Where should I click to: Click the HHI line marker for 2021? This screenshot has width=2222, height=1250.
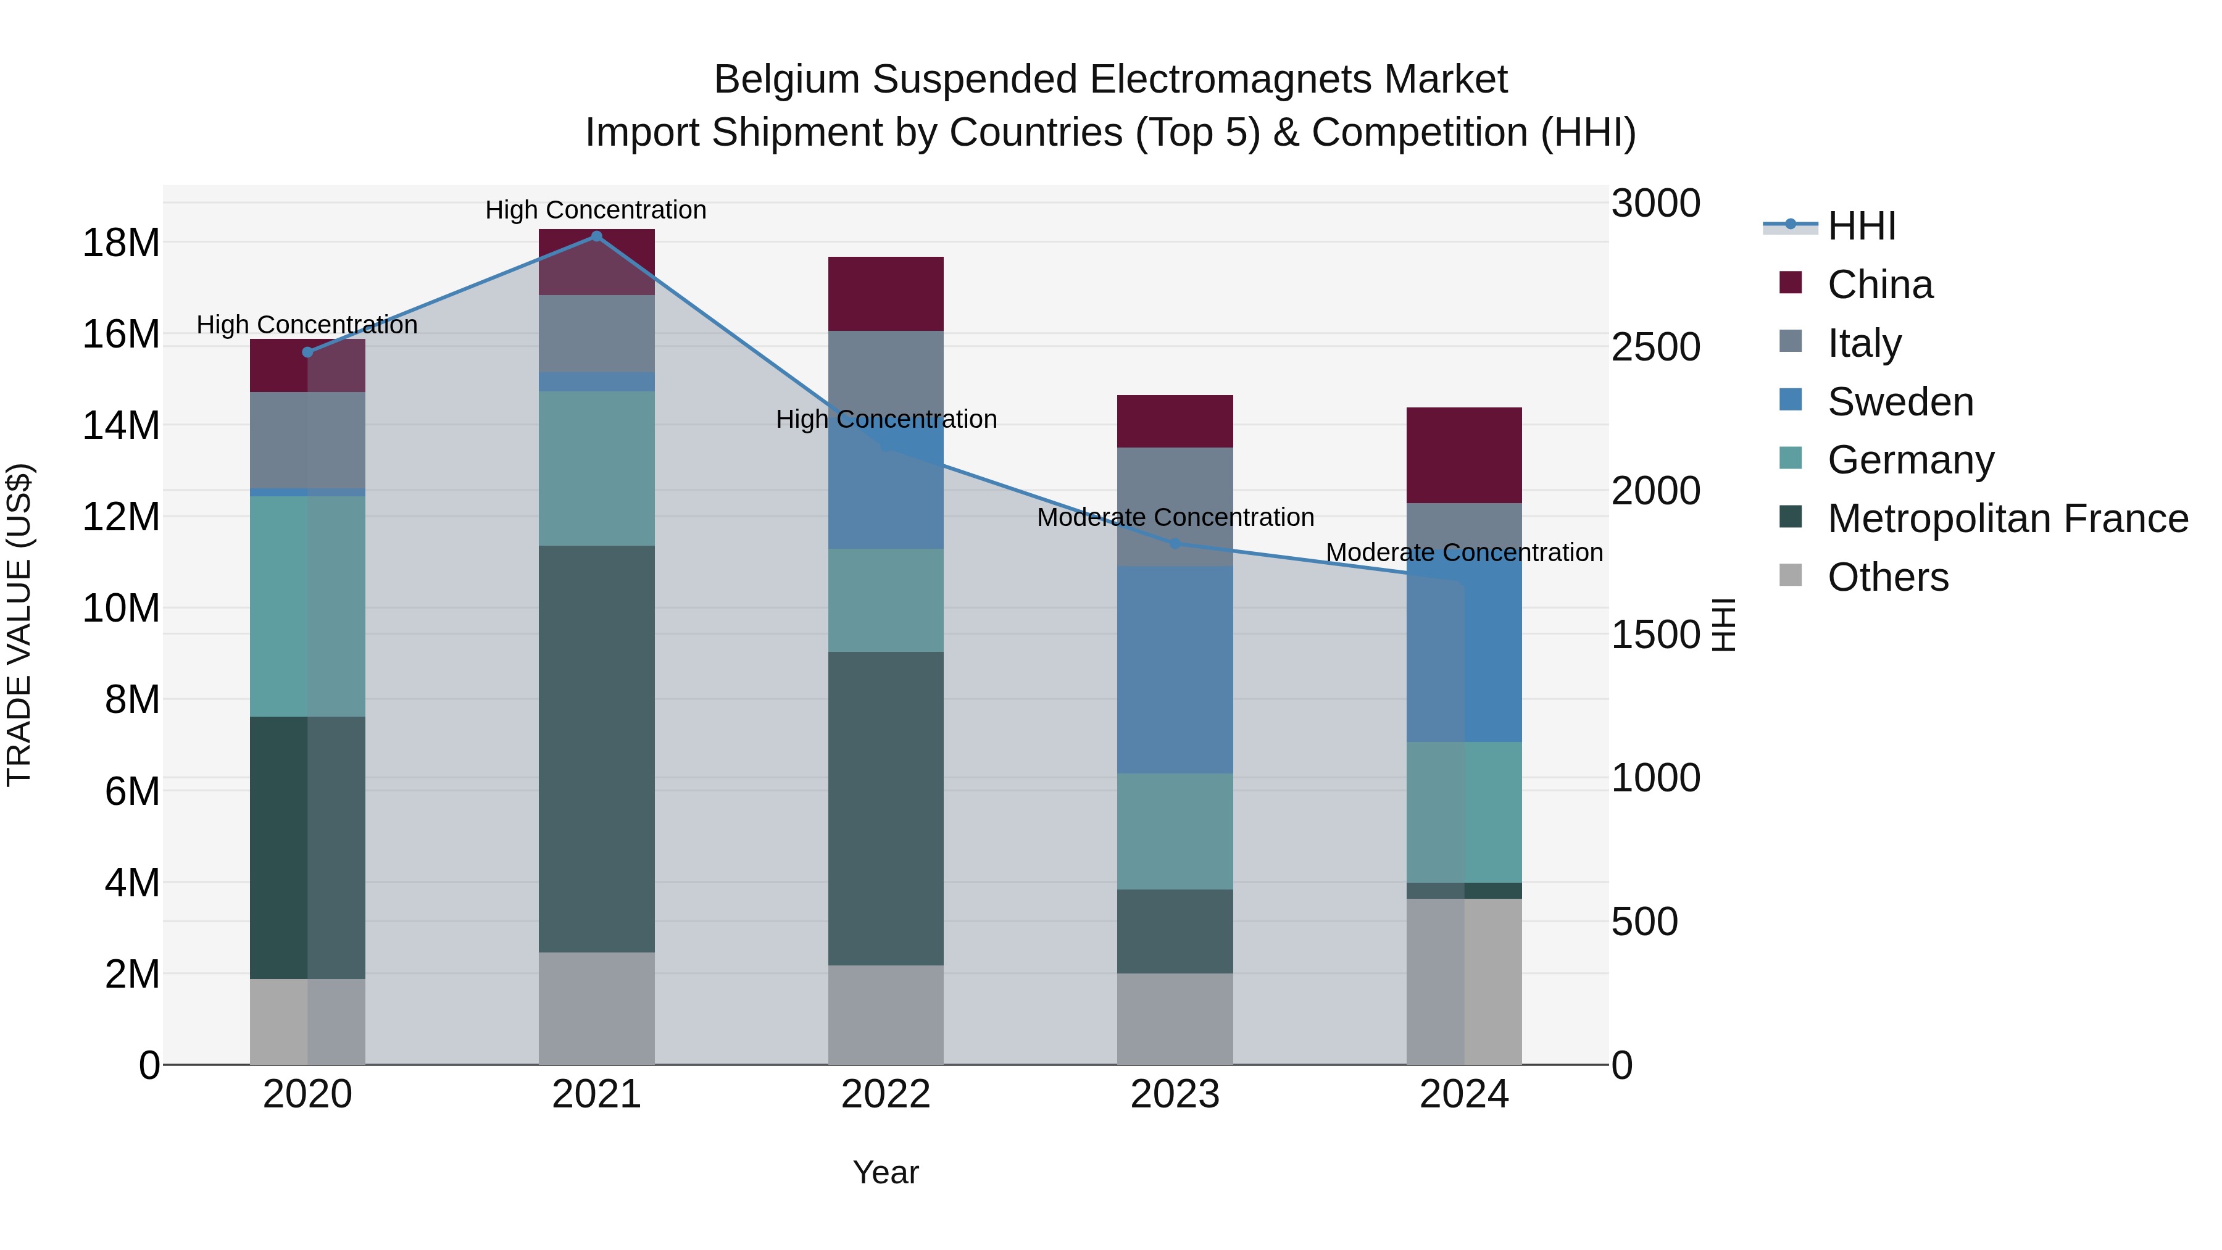pyautogui.click(x=596, y=236)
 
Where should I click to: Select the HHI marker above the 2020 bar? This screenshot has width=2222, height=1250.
pyautogui.click(x=308, y=352)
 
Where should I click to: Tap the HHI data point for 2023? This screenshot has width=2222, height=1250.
pyautogui.click(x=1174, y=543)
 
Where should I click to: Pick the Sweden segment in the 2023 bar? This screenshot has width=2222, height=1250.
pyautogui.click(x=1174, y=669)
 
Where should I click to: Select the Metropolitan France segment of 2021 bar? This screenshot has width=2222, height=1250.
pyautogui.click(x=596, y=749)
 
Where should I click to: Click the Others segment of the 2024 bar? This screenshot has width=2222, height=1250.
pyautogui.click(x=1464, y=981)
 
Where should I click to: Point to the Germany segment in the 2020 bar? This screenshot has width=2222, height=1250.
pyautogui.click(x=308, y=606)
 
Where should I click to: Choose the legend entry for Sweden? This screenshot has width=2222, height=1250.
pyautogui.click(x=1900, y=402)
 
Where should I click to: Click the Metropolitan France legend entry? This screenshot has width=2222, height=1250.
pyautogui.click(x=2007, y=519)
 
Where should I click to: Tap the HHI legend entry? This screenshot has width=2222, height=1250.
pyautogui.click(x=1862, y=226)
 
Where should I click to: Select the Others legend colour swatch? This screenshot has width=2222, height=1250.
pyautogui.click(x=1791, y=575)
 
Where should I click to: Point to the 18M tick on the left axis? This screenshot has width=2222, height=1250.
pyautogui.click(x=121, y=243)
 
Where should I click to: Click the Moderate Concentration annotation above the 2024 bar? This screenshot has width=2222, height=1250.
pyautogui.click(x=1464, y=552)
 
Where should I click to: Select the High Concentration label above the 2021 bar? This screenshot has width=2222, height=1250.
pyautogui.click(x=596, y=210)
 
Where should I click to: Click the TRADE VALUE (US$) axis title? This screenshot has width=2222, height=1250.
pyautogui.click(x=20, y=625)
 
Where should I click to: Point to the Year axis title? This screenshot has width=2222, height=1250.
pyautogui.click(x=886, y=1172)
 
